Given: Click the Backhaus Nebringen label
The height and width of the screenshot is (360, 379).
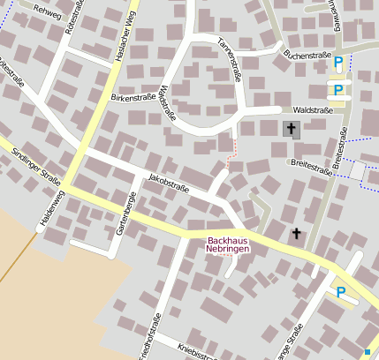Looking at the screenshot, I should tap(228, 244).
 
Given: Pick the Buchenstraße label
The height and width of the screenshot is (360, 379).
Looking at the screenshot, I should tap(305, 54).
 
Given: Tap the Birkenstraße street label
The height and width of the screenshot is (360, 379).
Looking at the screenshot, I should tap(132, 98).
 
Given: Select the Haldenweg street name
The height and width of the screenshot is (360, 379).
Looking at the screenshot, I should tap(51, 210).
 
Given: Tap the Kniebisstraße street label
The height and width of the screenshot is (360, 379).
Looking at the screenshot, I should tap(196, 351).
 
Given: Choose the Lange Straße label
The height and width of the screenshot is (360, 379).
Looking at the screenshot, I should tap(299, 341).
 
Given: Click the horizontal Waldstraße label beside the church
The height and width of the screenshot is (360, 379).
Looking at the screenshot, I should tap(312, 110).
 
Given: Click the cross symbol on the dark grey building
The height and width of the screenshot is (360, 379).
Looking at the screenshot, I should tap(291, 130).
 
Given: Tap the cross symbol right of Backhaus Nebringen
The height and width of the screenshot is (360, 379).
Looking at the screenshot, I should tap(296, 234).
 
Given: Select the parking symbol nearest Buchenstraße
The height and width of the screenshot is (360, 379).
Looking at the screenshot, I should tap(337, 62).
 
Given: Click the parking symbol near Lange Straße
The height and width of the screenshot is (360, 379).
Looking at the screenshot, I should tap(341, 291).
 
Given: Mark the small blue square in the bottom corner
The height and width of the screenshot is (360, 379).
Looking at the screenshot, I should tap(368, 352).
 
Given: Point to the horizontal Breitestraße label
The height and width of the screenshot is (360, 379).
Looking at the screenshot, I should tap(308, 162).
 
